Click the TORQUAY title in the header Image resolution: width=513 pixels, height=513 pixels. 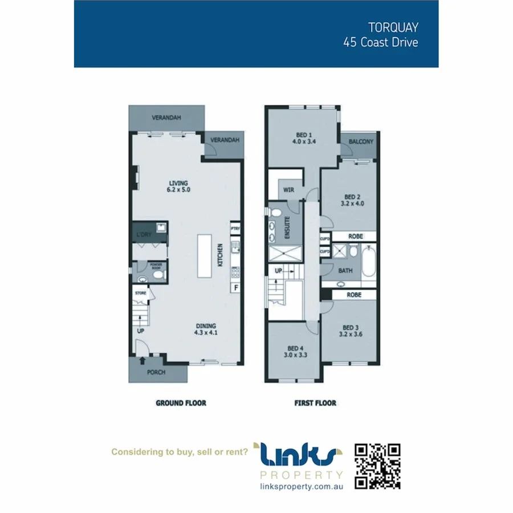[x=393, y=27]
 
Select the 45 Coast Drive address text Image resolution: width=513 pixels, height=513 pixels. [x=380, y=43]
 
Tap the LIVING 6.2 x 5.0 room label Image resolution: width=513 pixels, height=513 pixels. [x=178, y=186]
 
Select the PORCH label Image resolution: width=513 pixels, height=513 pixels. [x=156, y=373]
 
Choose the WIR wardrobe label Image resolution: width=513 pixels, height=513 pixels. [x=288, y=190]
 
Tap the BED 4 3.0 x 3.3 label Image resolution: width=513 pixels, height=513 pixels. [x=294, y=352]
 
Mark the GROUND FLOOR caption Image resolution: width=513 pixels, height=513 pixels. [x=181, y=403]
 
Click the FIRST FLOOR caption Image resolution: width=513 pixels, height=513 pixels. [x=315, y=403]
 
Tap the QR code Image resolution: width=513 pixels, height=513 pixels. [x=377, y=466]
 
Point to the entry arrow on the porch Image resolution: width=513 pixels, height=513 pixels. [x=142, y=360]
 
